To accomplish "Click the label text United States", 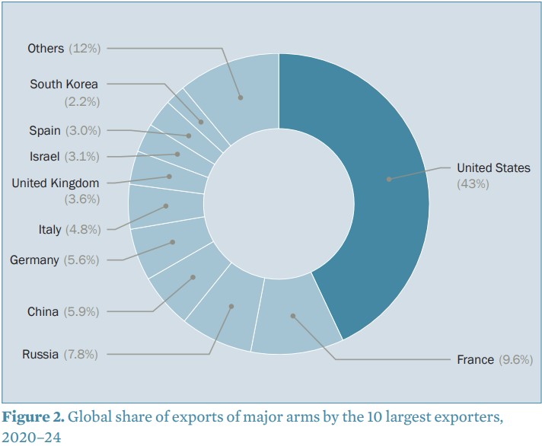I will (x=493, y=168).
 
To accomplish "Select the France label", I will (x=476, y=359).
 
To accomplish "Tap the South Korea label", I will (x=64, y=84).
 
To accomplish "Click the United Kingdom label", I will (x=55, y=183).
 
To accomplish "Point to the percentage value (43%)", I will (x=473, y=184).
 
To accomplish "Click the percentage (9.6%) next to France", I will (x=515, y=359).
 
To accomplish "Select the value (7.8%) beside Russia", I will (x=81, y=354).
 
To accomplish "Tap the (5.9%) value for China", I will (x=81, y=311).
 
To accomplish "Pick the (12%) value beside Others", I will (x=84, y=48).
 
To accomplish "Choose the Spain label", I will (x=44, y=130).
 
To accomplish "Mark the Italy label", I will (x=50, y=229).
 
